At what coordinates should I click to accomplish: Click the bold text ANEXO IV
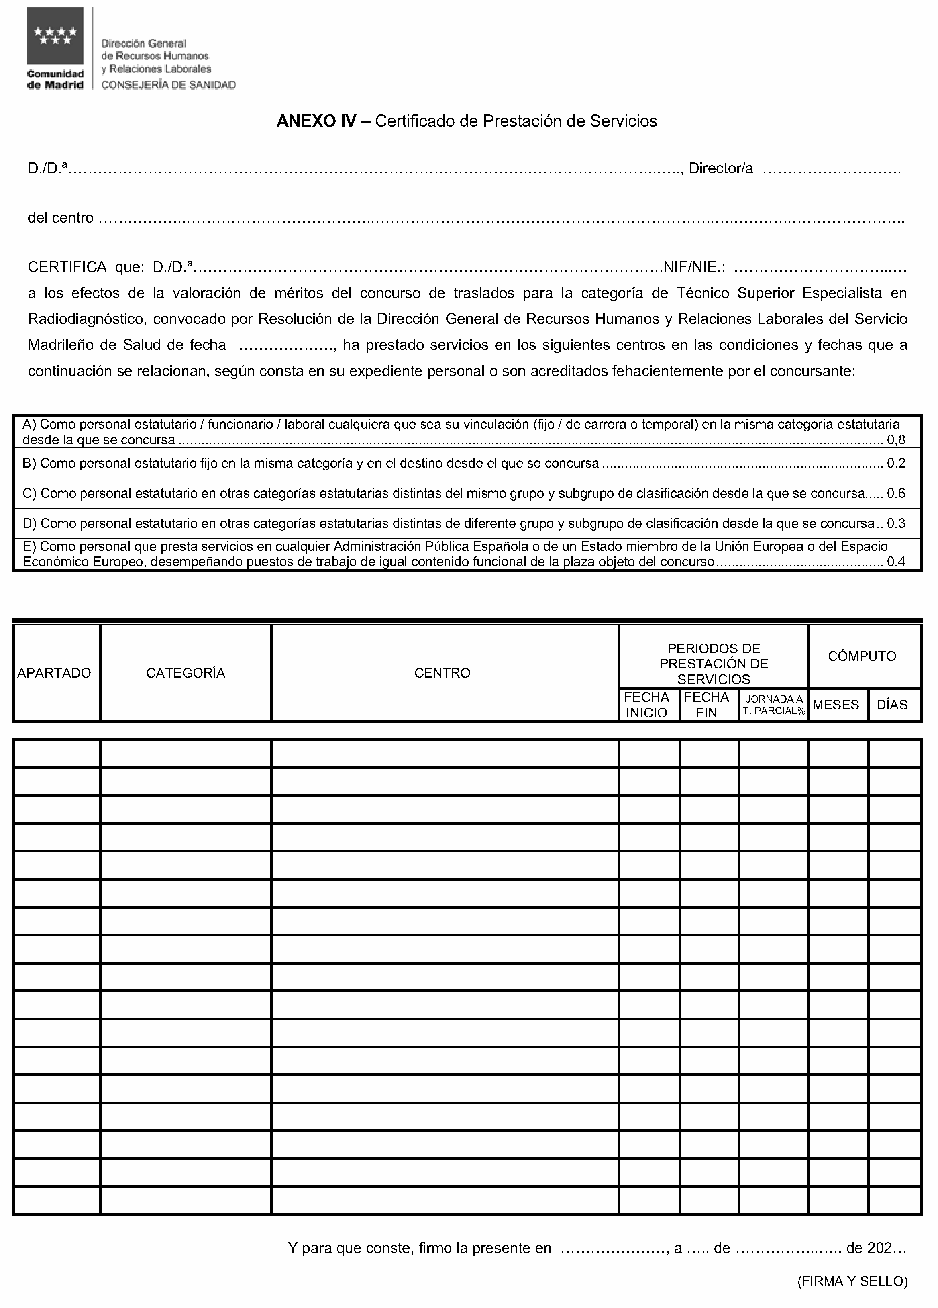click(x=316, y=121)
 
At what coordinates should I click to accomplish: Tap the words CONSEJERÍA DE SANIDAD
click(x=168, y=85)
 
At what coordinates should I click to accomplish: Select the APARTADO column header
click(x=54, y=673)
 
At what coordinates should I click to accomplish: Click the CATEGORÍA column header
click(x=186, y=673)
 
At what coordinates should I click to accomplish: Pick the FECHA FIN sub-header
click(x=707, y=705)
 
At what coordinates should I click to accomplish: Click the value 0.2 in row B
click(x=896, y=463)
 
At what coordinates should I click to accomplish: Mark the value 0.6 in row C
click(x=896, y=494)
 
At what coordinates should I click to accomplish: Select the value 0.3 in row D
click(x=896, y=524)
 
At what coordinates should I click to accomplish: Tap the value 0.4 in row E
click(x=896, y=562)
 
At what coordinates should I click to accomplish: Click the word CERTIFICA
click(x=67, y=267)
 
